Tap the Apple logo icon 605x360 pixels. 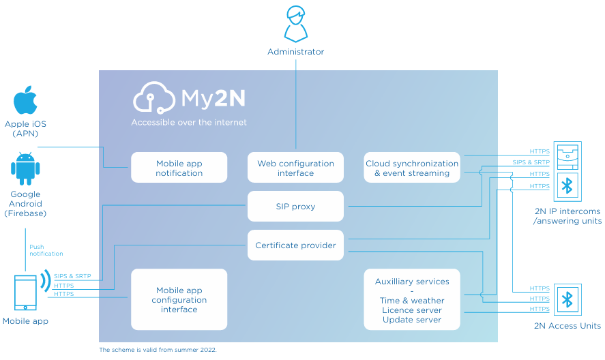click(x=25, y=100)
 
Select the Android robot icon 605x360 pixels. click(x=25, y=169)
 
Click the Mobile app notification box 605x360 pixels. click(x=179, y=168)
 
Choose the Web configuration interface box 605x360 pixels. click(x=295, y=168)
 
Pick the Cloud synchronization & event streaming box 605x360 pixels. click(x=412, y=168)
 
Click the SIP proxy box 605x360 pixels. click(x=295, y=207)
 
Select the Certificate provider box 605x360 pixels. click(x=295, y=245)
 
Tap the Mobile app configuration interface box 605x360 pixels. click(x=179, y=299)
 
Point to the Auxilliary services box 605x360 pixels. click(x=412, y=300)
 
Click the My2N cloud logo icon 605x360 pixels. click(x=155, y=97)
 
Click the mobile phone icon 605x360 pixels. click(x=26, y=292)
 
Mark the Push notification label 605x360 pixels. click(x=46, y=250)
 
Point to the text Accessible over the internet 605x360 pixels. click(x=189, y=123)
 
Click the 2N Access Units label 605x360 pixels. click(x=567, y=327)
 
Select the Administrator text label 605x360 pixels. click(x=295, y=52)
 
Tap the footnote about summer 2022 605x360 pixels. click(x=158, y=350)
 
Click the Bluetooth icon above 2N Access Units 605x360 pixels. click(x=566, y=300)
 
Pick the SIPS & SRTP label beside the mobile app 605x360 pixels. click(x=72, y=276)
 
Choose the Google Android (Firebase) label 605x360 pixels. click(x=25, y=204)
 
